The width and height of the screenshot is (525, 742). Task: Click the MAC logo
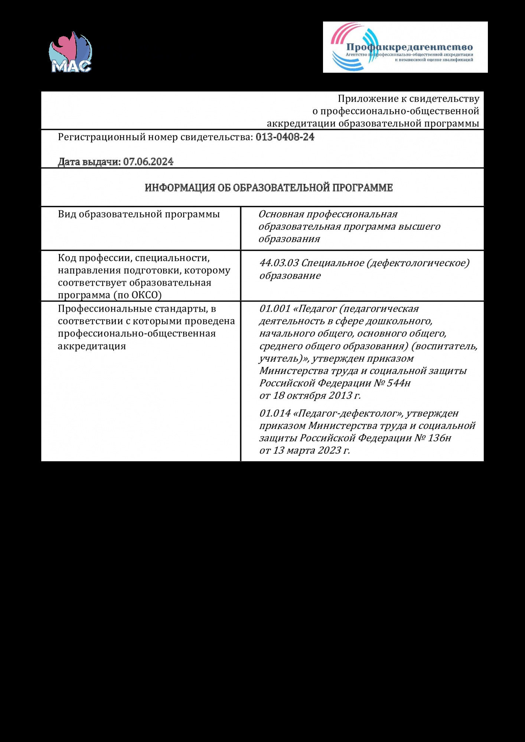pos(71,52)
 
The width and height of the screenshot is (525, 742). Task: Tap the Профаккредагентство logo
pos(405,47)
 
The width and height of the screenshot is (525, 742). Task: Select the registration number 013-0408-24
pos(285,137)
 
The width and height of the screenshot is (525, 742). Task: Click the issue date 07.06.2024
pos(148,162)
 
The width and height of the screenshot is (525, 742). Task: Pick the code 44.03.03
pos(279,263)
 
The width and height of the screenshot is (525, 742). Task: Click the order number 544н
pos(398,383)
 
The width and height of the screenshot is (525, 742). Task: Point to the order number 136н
pos(439,438)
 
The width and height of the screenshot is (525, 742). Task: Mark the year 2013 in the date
pos(340,395)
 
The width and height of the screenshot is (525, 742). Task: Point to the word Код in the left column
pos(67,258)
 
